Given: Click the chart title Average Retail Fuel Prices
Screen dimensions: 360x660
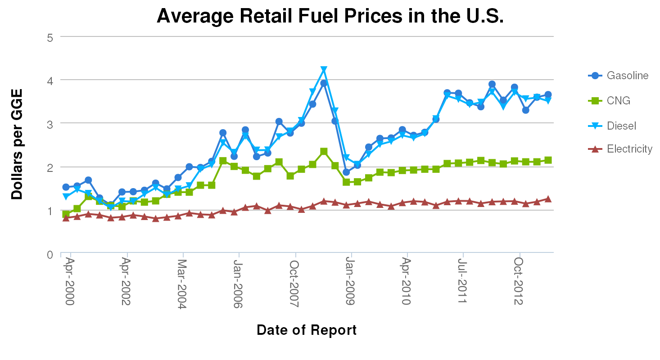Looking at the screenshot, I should click(x=330, y=16).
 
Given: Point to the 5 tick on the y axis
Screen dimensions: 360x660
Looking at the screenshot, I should click(x=50, y=37).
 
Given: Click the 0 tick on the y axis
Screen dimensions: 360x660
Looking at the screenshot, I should click(x=50, y=255).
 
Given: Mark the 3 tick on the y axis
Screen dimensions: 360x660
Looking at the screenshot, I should click(x=50, y=124).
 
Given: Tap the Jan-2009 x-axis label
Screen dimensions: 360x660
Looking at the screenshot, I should click(x=350, y=282).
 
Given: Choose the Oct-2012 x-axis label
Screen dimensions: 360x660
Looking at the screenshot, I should click(x=518, y=282).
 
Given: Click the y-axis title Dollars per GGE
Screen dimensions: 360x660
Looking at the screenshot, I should click(x=17, y=144).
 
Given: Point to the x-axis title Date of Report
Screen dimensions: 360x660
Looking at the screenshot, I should click(x=307, y=330).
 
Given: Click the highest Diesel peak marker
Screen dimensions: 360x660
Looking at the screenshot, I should click(x=324, y=70).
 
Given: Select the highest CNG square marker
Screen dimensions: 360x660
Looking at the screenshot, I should click(x=324, y=151).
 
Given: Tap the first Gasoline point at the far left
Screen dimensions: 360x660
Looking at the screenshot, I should click(x=66, y=187).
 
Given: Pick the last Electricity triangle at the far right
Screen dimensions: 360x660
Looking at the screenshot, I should click(x=548, y=199).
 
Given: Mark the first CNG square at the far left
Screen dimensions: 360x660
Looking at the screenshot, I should click(x=66, y=214).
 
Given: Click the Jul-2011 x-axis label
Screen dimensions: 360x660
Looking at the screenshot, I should click(x=462, y=282).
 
